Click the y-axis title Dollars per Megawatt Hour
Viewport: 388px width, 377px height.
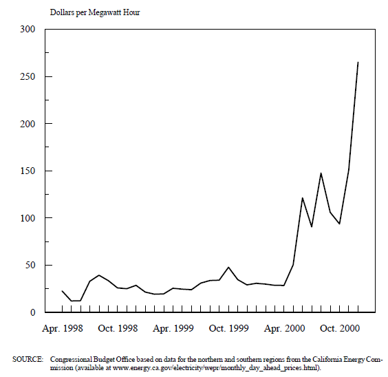pos(95,12)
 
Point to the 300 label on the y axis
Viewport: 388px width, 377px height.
pos(28,29)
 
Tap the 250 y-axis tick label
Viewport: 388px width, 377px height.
pos(28,76)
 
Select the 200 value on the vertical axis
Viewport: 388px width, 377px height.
pos(28,124)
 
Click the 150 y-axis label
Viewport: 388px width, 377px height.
pos(28,171)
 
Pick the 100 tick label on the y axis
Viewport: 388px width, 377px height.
pos(28,218)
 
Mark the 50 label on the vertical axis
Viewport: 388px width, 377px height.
pos(30,265)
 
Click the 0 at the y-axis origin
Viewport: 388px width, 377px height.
pos(32,312)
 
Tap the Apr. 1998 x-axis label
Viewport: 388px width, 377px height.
pos(63,329)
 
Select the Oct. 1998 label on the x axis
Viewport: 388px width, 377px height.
pos(118,329)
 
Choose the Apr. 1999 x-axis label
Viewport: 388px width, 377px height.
pos(173,329)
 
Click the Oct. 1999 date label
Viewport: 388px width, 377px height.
pos(228,329)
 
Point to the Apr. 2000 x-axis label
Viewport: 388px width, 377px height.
pos(284,329)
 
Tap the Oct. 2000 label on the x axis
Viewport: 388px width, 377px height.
pos(340,329)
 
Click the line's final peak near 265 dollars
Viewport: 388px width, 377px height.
pos(358,62)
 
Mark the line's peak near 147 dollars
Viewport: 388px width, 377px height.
pos(321,173)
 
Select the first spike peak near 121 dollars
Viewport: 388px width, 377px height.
pos(303,198)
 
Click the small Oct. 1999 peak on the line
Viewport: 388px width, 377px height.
pos(228,267)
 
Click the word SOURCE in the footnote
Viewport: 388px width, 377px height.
pos(28,359)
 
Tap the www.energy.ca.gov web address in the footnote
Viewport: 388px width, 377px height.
pos(215,368)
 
